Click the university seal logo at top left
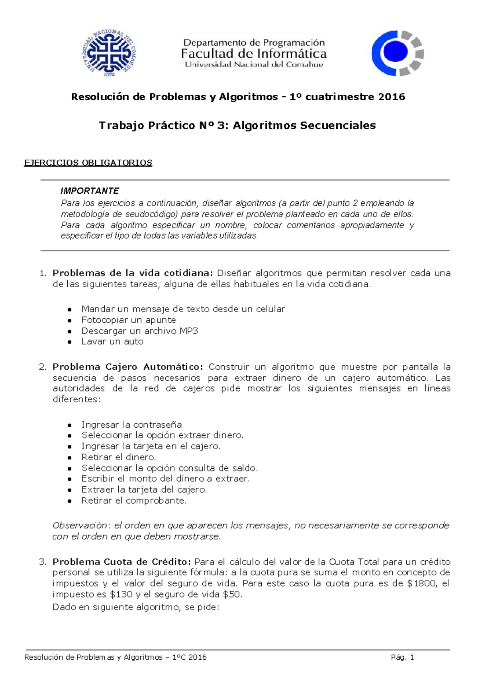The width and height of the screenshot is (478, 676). click(110, 53)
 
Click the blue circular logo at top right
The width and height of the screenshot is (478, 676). click(397, 53)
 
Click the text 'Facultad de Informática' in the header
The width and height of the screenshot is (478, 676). click(254, 54)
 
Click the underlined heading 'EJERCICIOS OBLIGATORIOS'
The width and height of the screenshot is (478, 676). click(88, 163)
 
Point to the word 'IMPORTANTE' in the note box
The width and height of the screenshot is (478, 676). click(90, 191)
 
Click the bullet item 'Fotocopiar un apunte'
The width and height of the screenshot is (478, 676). click(128, 320)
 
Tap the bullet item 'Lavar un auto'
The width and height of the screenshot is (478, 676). click(112, 341)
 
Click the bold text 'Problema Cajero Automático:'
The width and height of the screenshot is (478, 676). click(128, 366)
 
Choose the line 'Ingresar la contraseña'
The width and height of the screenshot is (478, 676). click(131, 425)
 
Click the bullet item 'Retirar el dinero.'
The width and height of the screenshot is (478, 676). click(119, 457)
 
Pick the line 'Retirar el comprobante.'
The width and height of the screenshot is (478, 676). click(134, 500)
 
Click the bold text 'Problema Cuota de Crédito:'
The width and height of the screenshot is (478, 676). click(122, 562)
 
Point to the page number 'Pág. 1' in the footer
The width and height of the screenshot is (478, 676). click(402, 657)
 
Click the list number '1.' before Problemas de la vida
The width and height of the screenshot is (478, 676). click(43, 273)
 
